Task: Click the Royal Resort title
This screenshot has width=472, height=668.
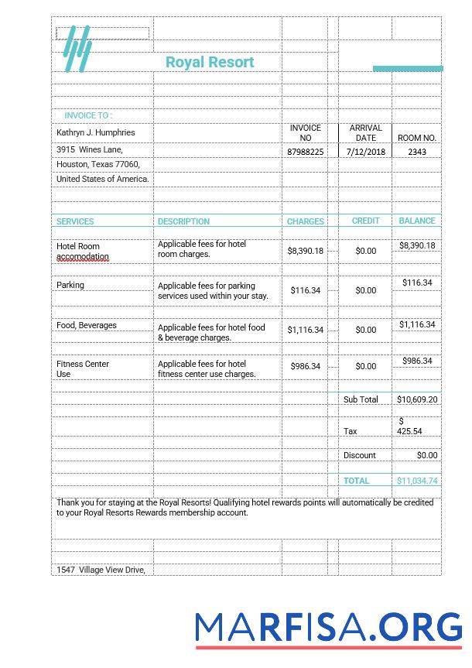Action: (210, 62)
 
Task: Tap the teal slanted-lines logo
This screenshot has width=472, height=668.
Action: (77, 49)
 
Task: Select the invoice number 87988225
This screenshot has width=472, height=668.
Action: (306, 152)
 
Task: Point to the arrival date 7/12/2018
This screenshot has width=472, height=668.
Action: (365, 152)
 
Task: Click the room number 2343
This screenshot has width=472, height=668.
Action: (416, 152)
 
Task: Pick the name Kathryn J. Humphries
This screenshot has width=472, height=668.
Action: (95, 132)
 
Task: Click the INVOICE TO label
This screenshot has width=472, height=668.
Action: (87, 115)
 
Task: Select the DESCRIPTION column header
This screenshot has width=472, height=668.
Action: (183, 221)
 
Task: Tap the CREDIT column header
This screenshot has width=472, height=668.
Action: (365, 221)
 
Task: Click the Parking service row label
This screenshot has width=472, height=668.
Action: (70, 285)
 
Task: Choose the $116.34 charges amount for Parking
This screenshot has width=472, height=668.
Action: (306, 290)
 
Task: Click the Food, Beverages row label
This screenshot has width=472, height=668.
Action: (87, 325)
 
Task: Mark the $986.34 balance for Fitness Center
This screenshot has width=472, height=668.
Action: (417, 361)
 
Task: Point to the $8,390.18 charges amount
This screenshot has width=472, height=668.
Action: (306, 251)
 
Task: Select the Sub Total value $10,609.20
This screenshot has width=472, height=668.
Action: (417, 399)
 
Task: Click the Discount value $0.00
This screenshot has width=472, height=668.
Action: (426, 455)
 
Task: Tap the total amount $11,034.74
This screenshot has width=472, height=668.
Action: (417, 481)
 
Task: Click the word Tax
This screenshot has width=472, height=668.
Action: (351, 431)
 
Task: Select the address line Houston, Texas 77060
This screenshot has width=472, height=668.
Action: (98, 164)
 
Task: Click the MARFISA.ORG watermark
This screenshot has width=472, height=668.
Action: (329, 625)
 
